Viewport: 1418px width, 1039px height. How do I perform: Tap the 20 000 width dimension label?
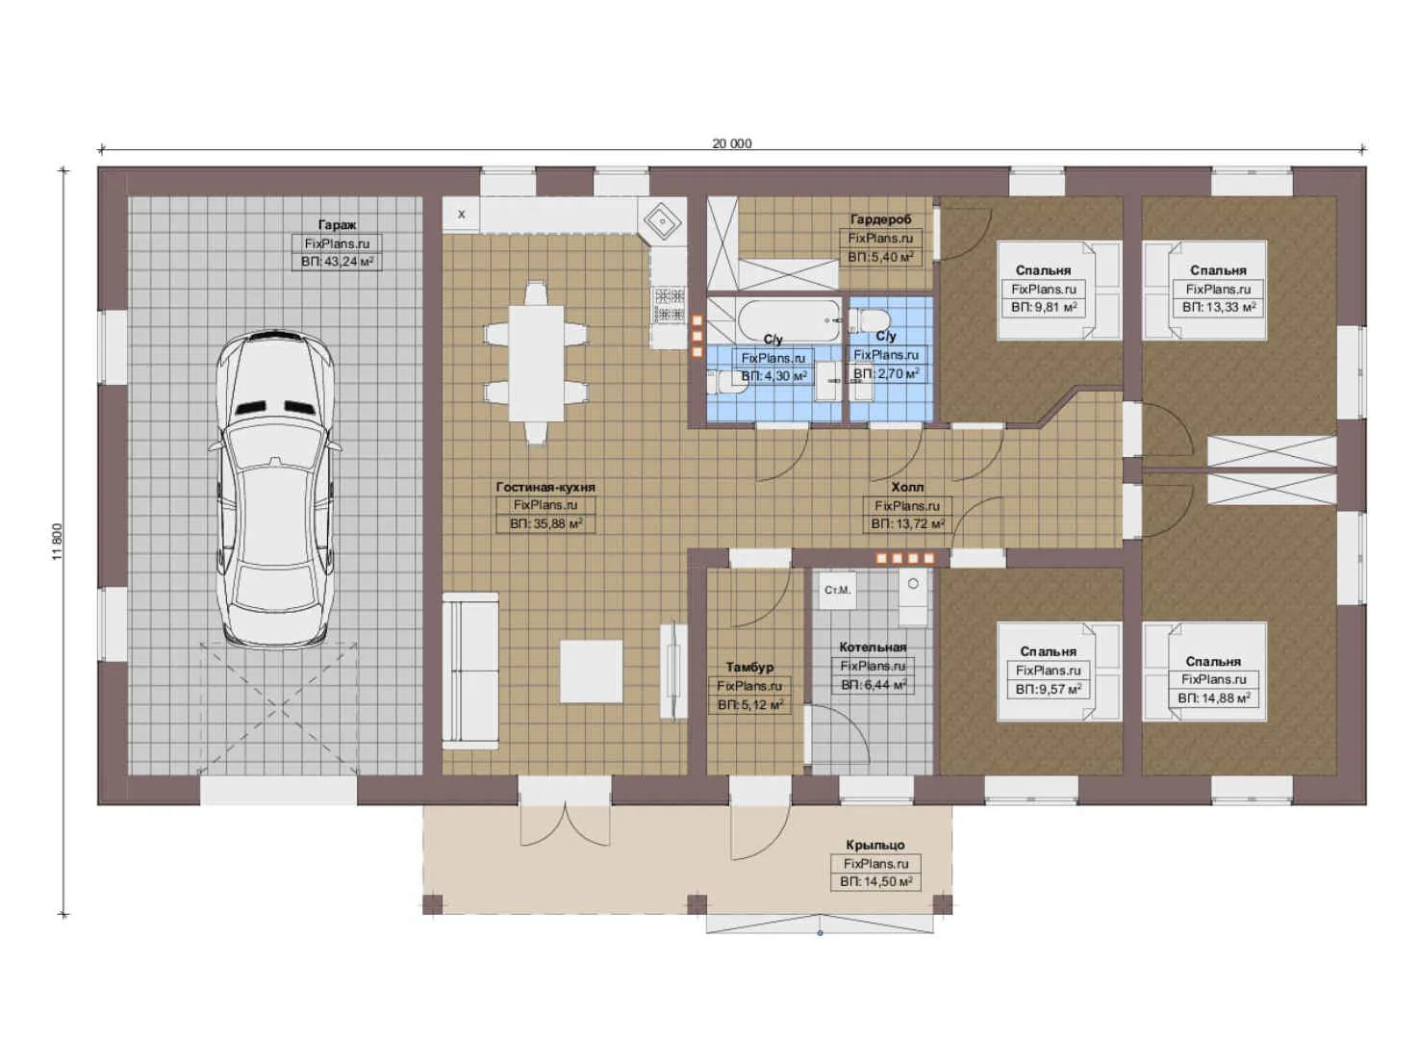tap(732, 143)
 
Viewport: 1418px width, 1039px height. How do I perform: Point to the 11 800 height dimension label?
tap(58, 542)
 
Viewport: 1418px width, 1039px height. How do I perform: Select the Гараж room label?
tap(337, 225)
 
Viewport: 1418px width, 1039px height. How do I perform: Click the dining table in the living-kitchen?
tap(536, 363)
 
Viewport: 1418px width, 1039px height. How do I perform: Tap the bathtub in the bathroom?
tap(790, 320)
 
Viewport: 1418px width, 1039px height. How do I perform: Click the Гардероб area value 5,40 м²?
tap(880, 257)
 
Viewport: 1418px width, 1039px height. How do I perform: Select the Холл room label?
tap(907, 487)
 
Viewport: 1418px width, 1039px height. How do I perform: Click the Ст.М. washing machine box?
tap(837, 590)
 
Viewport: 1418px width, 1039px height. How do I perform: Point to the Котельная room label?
tap(873, 647)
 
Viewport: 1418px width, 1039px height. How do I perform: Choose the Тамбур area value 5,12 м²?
tap(750, 705)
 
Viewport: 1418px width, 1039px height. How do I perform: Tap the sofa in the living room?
tap(469, 672)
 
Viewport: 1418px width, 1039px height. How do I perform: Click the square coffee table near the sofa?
tap(591, 672)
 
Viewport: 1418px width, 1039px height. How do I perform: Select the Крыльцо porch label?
tap(875, 845)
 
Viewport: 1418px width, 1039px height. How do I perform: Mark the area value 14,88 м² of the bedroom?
tap(1213, 698)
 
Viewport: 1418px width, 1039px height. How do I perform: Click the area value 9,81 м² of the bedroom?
tap(1043, 308)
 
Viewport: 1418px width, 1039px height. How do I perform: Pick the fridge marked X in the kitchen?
tap(461, 214)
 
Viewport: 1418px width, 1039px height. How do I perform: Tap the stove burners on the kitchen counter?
tap(670, 305)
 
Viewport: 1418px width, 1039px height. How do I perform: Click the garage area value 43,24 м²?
tap(337, 261)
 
